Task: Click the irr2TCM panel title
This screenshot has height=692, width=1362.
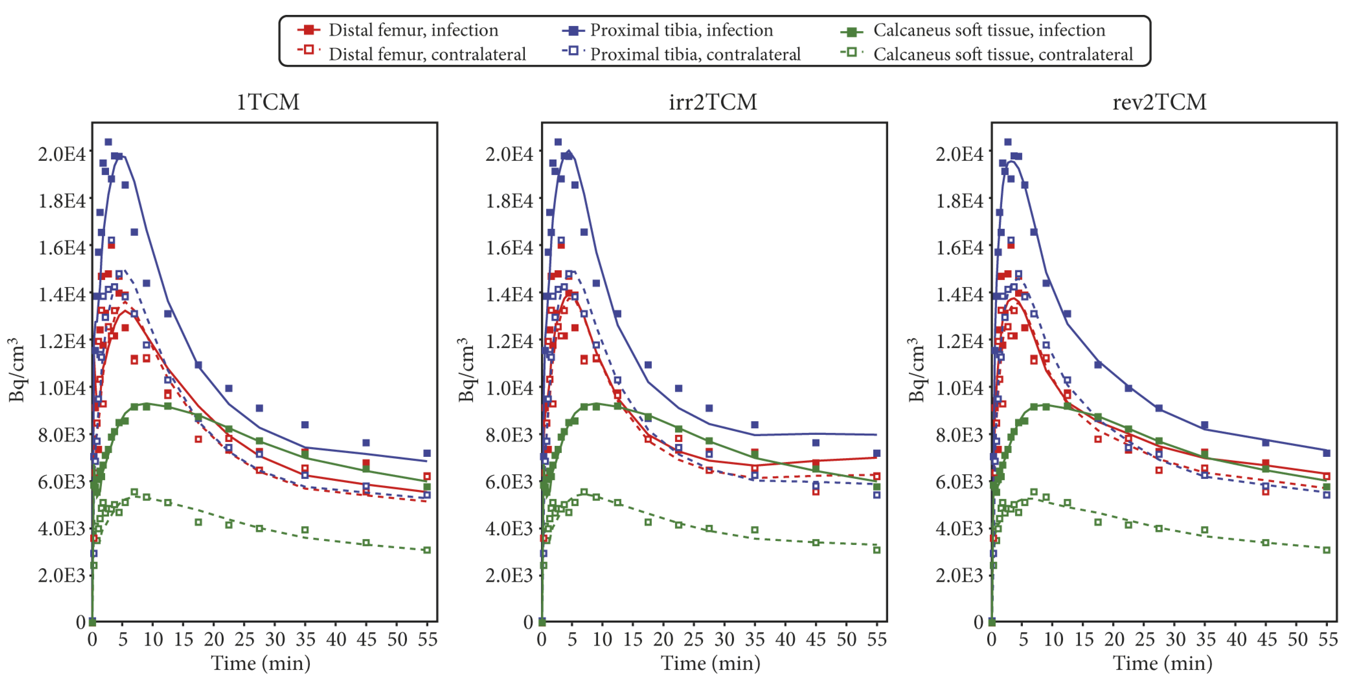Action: tap(713, 102)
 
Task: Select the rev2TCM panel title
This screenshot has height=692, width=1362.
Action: tap(1160, 102)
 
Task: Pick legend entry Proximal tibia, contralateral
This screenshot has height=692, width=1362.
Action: tap(695, 54)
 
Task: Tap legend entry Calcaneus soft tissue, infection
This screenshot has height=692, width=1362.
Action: tap(989, 30)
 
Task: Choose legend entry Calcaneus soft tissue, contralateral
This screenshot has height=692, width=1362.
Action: tap(1003, 54)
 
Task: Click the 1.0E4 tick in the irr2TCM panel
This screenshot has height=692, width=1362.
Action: tap(510, 388)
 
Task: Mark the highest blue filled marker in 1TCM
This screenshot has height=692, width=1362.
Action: tap(108, 142)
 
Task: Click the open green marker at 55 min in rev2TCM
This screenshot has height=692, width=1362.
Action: tap(1326, 550)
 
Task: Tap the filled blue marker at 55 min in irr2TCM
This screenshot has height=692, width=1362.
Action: tap(877, 453)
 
